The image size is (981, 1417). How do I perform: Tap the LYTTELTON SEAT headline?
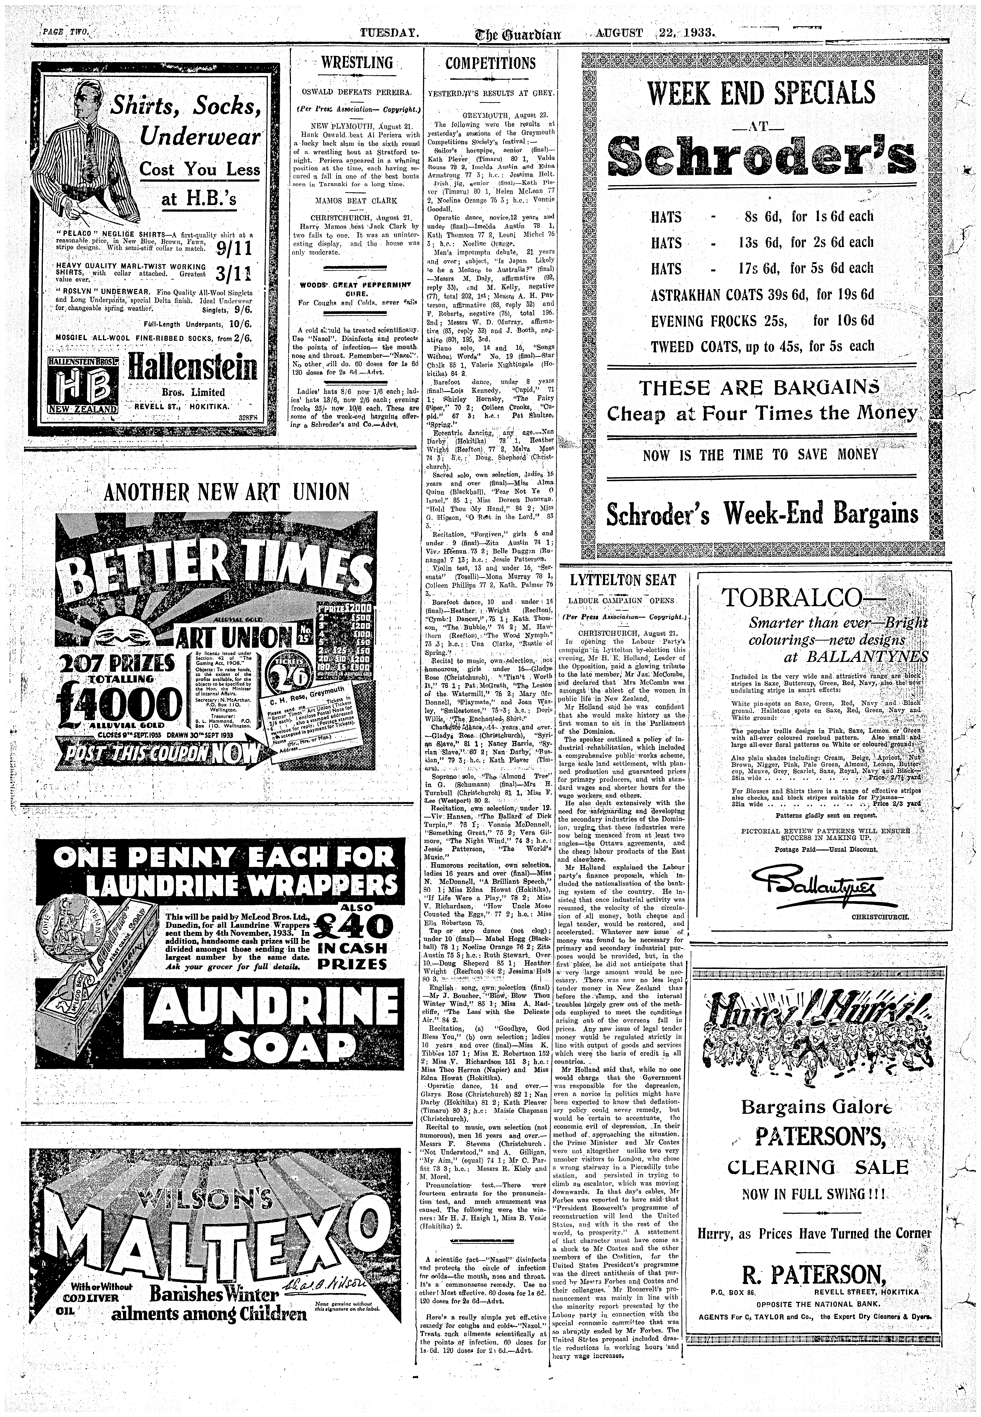coord(623,580)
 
